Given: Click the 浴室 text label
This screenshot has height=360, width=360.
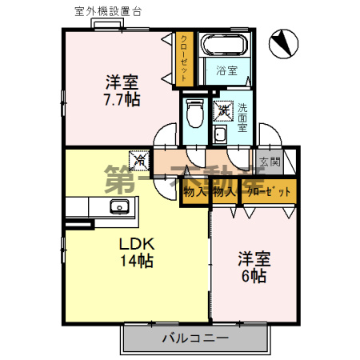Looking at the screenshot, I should pos(226,71).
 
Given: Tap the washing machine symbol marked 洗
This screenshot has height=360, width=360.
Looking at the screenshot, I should pos(224,110).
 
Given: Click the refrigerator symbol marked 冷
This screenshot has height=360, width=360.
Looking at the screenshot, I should pos(139,159).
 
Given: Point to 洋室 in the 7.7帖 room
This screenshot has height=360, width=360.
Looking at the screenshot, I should pos(122,82).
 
